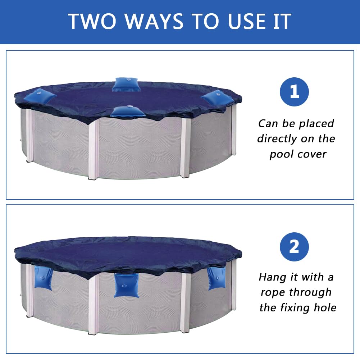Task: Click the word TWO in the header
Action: [92, 21]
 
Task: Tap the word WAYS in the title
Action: [154, 21]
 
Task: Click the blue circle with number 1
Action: [294, 92]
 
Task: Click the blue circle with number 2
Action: [294, 247]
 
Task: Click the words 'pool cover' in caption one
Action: [298, 154]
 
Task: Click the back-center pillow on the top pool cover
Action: [126, 85]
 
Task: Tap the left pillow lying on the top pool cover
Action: [40, 96]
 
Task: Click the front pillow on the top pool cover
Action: [128, 112]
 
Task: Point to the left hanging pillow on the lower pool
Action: [43, 278]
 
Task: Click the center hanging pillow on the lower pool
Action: [126, 286]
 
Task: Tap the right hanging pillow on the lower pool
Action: [216, 278]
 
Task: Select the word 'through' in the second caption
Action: [310, 293]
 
